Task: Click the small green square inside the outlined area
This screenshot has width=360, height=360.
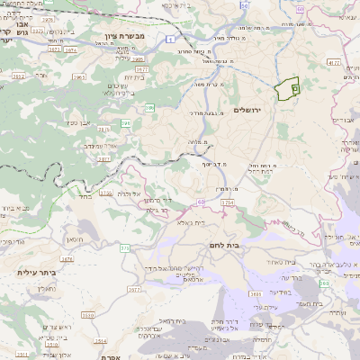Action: (294, 89)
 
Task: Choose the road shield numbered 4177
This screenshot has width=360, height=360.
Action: (333, 62)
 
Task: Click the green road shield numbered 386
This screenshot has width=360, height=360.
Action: (149, 107)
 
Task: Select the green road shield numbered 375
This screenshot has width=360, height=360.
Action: (125, 247)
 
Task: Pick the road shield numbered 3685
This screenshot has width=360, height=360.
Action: (255, 293)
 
